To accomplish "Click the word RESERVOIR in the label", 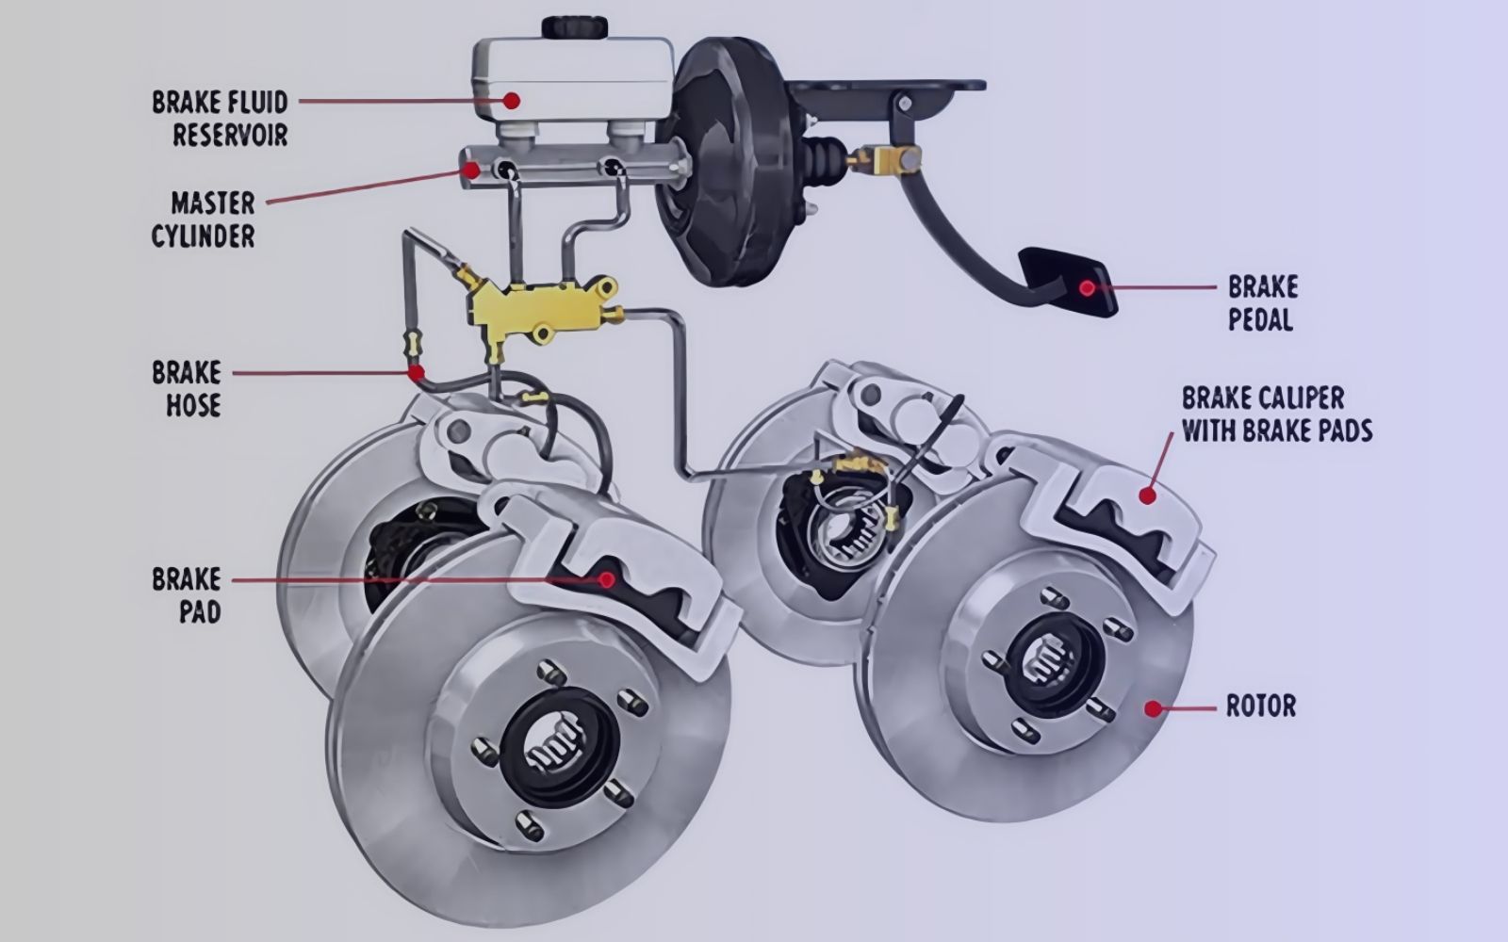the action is coord(230,135).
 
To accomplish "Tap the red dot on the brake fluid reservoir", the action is coord(512,101).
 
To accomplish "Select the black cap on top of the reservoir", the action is coord(575,27).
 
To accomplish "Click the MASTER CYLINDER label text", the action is coord(204,219).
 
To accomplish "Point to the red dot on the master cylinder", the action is coord(471,171).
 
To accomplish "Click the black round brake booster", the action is coord(730,161).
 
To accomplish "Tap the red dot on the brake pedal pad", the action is coord(1088,288).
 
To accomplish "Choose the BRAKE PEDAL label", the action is coord(1263,303).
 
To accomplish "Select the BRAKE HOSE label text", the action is coord(187,389).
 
